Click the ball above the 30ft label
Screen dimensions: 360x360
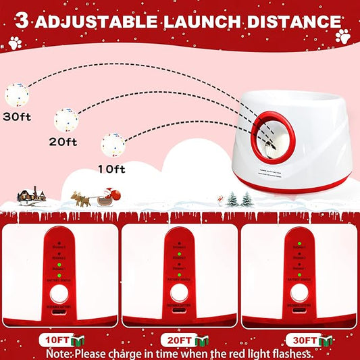click(16, 93)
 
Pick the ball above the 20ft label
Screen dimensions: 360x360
click(66, 120)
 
